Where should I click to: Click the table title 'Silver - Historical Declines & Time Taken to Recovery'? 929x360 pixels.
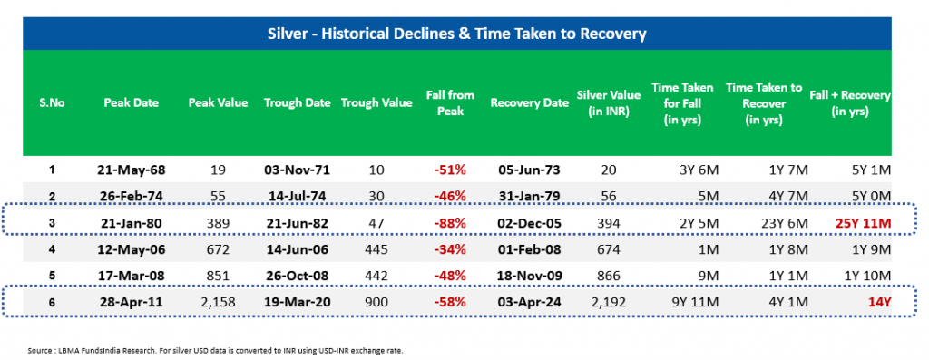pos(457,34)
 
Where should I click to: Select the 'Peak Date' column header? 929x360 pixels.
pos(131,102)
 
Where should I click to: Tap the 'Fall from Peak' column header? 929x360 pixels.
pos(450,102)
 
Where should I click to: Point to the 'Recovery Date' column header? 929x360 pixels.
pos(529,102)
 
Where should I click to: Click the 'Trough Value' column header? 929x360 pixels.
pos(376,102)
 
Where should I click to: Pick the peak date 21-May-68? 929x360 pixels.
pos(131,170)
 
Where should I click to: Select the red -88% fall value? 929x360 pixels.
pos(450,224)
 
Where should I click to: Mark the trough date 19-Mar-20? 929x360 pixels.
pos(297,302)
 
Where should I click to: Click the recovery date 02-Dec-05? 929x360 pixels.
pos(529,224)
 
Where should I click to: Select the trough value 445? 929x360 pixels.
pos(376,250)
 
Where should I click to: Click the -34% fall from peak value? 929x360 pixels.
pos(450,250)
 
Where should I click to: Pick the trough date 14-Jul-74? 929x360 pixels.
pos(297,197)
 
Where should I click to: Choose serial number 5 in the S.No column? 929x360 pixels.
pos(52,276)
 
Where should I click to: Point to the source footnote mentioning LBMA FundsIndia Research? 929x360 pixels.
pos(215,351)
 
